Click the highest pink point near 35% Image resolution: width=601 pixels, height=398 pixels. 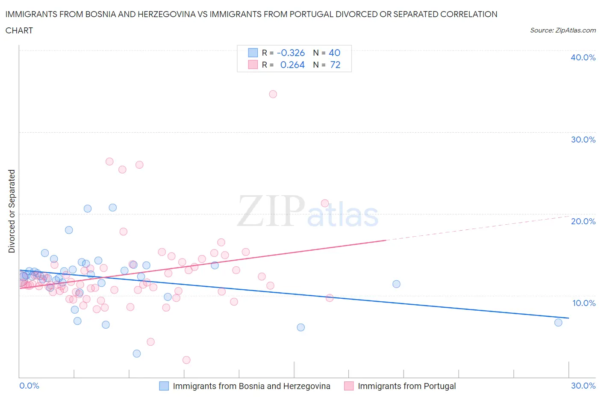pos(273,94)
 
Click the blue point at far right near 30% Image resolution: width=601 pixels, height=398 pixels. pos(558,322)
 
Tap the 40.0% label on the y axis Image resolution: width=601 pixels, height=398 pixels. pos(583,58)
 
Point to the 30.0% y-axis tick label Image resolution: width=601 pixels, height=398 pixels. pos(583,140)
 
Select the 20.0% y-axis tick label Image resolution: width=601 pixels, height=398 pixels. pos(583,222)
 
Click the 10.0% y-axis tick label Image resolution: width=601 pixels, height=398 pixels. pos(583,303)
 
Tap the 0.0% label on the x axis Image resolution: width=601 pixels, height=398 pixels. pos(29,386)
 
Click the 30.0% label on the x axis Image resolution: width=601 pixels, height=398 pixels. pos(583,386)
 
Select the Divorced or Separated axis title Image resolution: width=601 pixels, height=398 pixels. pos(12,211)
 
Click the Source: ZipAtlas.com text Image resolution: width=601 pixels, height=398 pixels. pos(563,30)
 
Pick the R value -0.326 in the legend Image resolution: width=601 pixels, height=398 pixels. pos(291,53)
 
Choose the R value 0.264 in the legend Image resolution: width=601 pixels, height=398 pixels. pos(292,65)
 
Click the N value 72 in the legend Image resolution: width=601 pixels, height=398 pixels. pos(335,65)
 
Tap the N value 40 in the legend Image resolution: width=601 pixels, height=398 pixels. pos(334,53)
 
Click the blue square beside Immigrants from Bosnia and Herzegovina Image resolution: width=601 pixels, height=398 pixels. pos(164,386)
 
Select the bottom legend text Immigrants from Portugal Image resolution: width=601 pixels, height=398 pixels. pos(407,386)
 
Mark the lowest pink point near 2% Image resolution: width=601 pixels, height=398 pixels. pos(186,360)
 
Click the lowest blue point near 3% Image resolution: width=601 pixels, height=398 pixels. pos(137,353)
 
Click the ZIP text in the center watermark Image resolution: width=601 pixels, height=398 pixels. pos(271,211)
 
